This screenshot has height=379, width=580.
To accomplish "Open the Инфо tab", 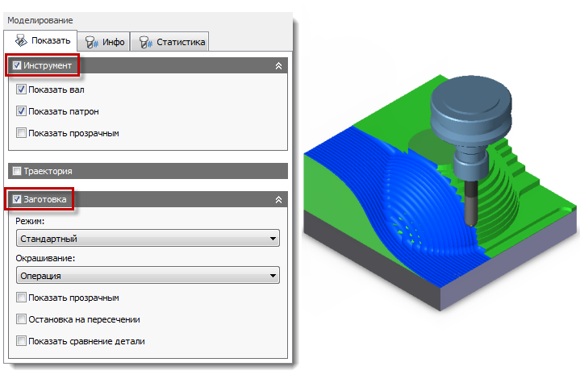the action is pyautogui.click(x=104, y=42).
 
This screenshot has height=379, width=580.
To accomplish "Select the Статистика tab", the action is pyautogui.click(x=170, y=42).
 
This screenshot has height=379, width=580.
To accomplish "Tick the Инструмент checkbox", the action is pyautogui.click(x=17, y=65).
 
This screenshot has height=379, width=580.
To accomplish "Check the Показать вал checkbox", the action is pyautogui.click(x=21, y=90).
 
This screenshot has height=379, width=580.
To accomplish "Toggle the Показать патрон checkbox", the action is pyautogui.click(x=21, y=111).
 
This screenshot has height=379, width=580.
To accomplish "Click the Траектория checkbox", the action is pyautogui.click(x=17, y=171).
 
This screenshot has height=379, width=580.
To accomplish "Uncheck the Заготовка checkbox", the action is pyautogui.click(x=17, y=199).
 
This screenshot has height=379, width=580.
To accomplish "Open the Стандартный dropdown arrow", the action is pyautogui.click(x=273, y=239).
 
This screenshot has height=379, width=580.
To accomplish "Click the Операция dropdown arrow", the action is pyautogui.click(x=273, y=276).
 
